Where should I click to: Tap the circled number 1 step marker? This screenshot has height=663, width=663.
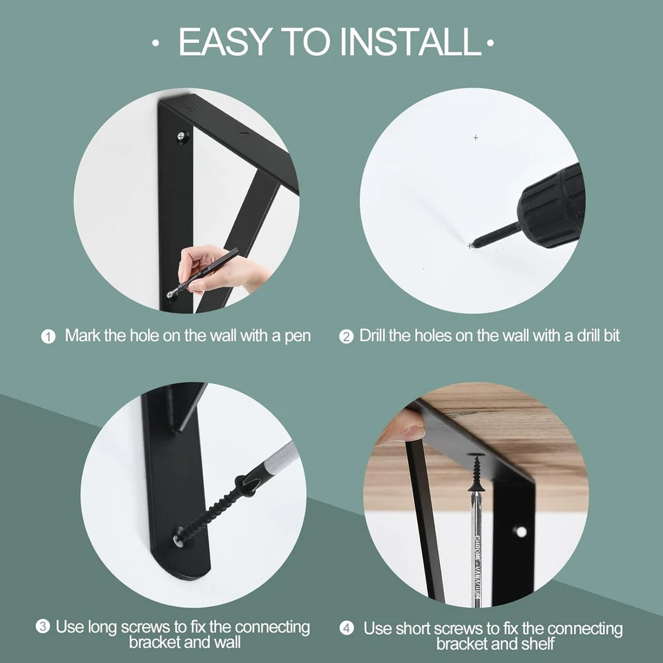pyautogui.click(x=48, y=337)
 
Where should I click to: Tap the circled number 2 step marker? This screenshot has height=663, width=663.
pyautogui.click(x=346, y=337)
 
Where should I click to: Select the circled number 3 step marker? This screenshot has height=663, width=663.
pyautogui.click(x=43, y=627)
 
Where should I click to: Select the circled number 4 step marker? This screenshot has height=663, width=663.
pyautogui.click(x=347, y=628)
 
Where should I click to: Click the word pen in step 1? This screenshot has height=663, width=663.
pyautogui.click(x=298, y=336)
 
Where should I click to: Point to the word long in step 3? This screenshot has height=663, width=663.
pyautogui.click(x=102, y=627)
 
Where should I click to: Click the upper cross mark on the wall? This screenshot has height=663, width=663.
pyautogui.click(x=476, y=137)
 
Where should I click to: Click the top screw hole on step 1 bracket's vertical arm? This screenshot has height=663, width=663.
pyautogui.click(x=181, y=137)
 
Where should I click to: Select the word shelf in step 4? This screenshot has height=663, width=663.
pyautogui.click(x=539, y=644)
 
